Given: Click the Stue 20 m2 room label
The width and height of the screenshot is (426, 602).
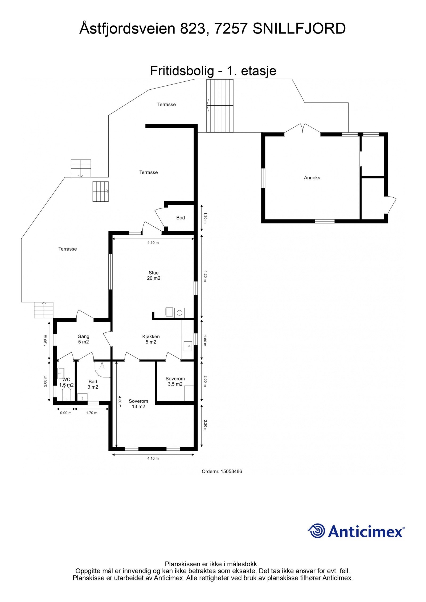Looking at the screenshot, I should pos(154,275).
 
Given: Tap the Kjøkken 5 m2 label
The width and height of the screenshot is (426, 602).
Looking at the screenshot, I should pos(151,339).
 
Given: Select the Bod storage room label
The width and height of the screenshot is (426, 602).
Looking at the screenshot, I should pos(180,218).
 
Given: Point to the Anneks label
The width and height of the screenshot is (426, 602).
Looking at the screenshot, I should pos(312,178).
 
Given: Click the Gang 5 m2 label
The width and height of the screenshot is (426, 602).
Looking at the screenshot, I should pos(83,339).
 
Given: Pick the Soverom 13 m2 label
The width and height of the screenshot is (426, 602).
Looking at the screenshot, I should pos(138,404).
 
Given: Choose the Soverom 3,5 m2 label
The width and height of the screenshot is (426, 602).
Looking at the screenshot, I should pos(175,381).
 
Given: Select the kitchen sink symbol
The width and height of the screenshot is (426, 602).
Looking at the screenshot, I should pos(188,346).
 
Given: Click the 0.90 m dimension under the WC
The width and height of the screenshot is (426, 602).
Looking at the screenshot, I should pos(66,413).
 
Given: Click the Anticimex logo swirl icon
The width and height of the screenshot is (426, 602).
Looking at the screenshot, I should pos(316,531).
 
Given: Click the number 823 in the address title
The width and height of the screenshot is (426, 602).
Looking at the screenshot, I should pos(193,28).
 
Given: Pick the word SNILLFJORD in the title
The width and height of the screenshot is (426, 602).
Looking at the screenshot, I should pos(299,28).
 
